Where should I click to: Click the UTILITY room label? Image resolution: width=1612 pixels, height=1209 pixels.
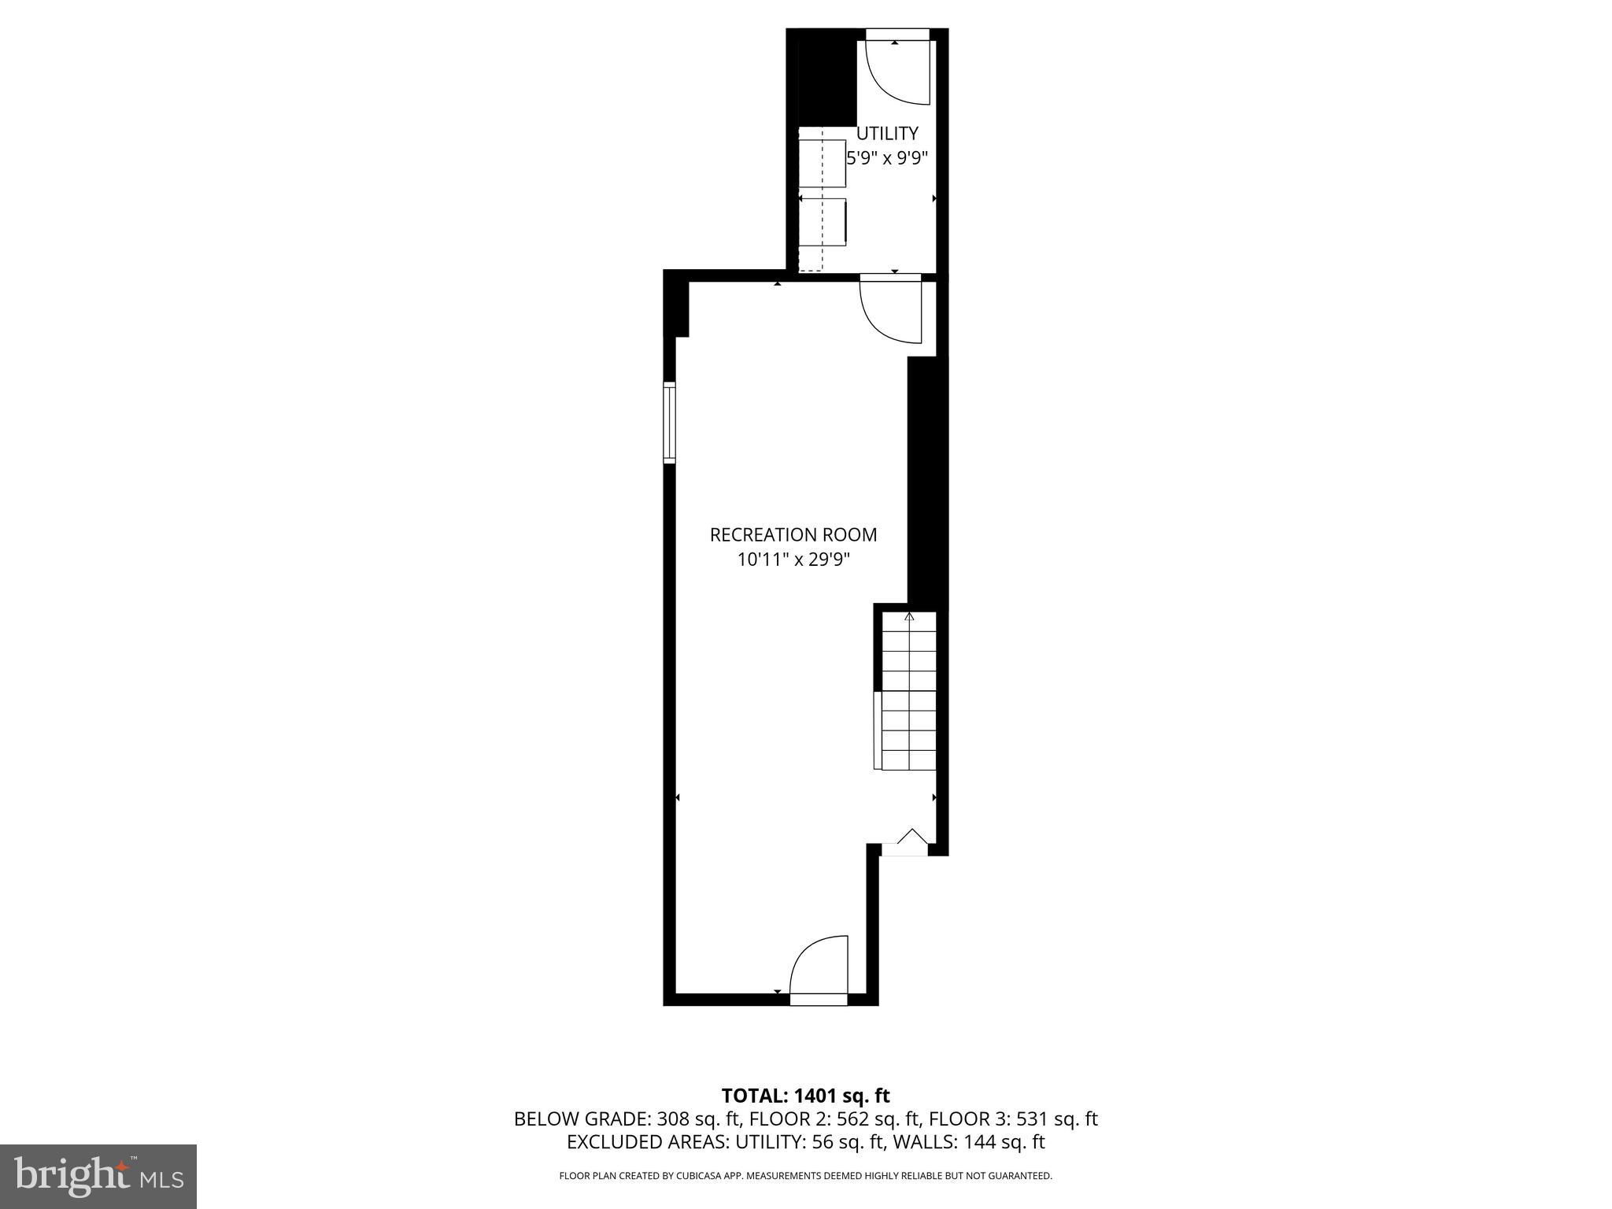pyautogui.click(x=887, y=134)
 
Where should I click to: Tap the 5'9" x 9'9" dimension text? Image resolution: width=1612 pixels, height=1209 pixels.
pyautogui.click(x=887, y=157)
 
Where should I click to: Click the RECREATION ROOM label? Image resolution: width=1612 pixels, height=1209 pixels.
pyautogui.click(x=793, y=535)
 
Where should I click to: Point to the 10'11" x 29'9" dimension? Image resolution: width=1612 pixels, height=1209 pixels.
pyautogui.click(x=793, y=560)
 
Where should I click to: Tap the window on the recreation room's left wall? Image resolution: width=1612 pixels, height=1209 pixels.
pyautogui.click(x=670, y=423)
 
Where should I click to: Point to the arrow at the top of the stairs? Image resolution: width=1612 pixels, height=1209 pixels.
pyautogui.click(x=909, y=616)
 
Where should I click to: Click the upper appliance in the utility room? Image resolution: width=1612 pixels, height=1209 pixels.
pyautogui.click(x=823, y=163)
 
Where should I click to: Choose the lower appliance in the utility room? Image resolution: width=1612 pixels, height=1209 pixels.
pyautogui.click(x=823, y=222)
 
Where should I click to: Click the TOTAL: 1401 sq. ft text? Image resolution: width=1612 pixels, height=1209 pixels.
pyautogui.click(x=805, y=1096)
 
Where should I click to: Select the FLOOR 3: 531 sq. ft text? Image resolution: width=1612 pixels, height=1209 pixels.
pyautogui.click(x=1013, y=1119)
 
